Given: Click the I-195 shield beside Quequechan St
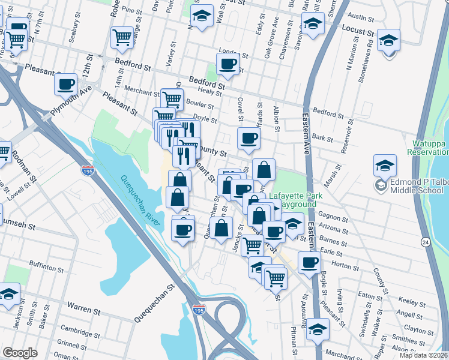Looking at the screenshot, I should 199,310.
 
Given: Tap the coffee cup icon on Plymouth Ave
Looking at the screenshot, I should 65,85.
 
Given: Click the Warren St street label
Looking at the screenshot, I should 83,311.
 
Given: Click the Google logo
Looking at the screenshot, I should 20,353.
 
